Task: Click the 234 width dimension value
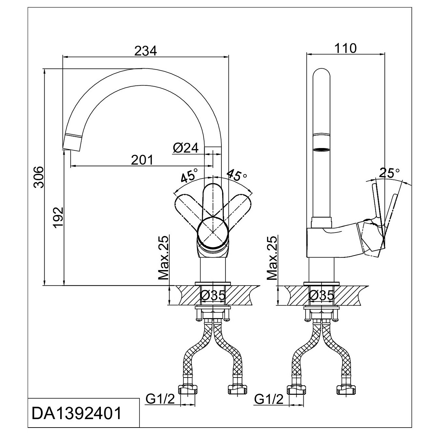click(146, 51)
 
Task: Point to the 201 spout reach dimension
click(142, 160)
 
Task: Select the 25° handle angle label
click(389, 173)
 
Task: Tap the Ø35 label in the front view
click(213, 295)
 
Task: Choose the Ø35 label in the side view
click(322, 295)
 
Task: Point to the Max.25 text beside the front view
click(164, 258)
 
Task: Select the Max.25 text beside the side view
click(272, 258)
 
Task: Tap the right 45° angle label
click(237, 175)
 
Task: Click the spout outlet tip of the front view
click(72, 144)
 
